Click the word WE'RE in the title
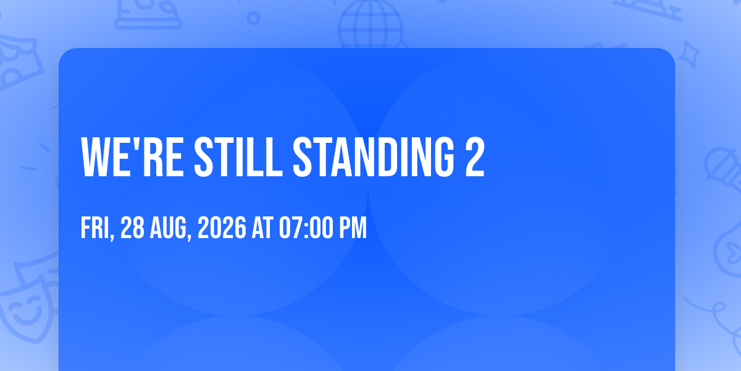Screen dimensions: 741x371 pos(132,157)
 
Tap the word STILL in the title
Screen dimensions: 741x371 pos(238,157)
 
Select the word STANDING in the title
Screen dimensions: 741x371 pos(374,157)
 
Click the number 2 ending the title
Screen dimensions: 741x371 pos(475,157)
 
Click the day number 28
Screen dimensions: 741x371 pos(132,228)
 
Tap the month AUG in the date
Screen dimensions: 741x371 pos(169,228)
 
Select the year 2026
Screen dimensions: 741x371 pos(222,228)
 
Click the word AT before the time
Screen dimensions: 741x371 pos(262,228)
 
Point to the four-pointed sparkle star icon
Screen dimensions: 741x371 pos(689,54)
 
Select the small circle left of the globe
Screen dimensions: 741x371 pos(253,18)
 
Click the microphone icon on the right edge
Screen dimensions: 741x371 pos(723,169)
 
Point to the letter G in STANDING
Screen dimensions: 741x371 pos(444,157)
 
